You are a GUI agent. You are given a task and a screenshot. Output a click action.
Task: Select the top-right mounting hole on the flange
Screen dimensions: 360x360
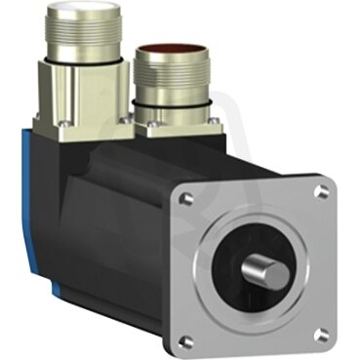[319, 192]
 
